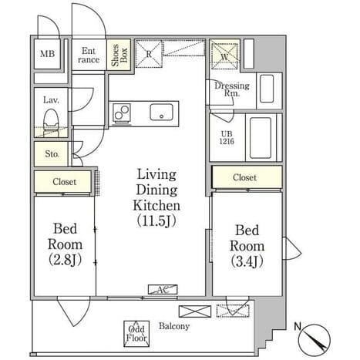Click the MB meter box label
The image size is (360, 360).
47,54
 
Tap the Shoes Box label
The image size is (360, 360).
119,55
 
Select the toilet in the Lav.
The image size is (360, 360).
51,122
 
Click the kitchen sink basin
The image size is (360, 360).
161,113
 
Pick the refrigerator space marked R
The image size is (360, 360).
149,54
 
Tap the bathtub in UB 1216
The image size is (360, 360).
261,138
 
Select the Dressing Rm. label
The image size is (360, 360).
232,89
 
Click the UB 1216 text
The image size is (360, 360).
227,137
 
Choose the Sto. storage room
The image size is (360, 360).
52,154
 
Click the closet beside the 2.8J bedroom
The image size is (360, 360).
62,181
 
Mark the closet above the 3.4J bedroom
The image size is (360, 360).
247,177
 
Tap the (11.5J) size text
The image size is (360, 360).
156,220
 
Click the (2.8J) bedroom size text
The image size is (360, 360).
65,260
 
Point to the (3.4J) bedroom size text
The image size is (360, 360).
247,261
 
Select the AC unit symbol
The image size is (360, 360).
163,289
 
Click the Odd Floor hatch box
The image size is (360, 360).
136,334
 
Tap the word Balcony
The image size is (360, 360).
174,326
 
